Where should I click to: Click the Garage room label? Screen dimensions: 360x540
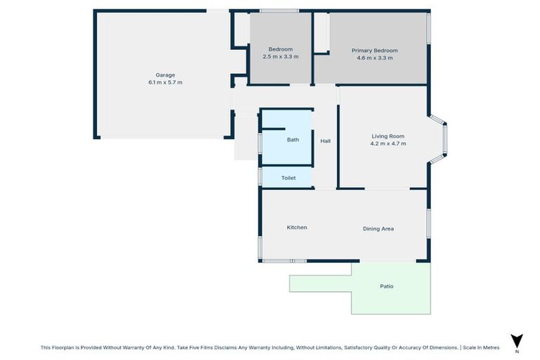click(x=165, y=75)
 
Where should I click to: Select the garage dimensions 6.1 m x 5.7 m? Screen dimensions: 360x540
click(x=165, y=82)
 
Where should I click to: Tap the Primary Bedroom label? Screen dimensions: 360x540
click(x=375, y=51)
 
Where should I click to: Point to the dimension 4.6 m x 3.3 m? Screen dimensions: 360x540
click(x=375, y=58)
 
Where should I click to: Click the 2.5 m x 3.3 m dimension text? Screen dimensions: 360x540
click(x=281, y=56)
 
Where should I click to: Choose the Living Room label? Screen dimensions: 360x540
click(x=388, y=136)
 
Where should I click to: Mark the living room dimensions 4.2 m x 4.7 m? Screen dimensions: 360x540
click(x=388, y=143)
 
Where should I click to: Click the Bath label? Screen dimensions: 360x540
click(x=292, y=140)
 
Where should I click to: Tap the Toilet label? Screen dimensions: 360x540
click(x=288, y=178)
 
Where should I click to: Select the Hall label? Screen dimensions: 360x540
click(x=325, y=141)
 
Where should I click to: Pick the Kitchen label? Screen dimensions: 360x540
click(x=297, y=227)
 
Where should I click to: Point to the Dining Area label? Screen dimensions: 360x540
click(x=378, y=229)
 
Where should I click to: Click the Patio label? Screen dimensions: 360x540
click(x=387, y=286)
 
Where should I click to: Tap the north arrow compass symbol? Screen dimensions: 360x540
click(x=517, y=339)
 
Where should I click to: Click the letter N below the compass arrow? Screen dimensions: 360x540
click(x=517, y=350)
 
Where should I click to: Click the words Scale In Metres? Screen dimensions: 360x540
click(x=481, y=347)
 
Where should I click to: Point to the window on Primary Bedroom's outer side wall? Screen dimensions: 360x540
click(x=428, y=30)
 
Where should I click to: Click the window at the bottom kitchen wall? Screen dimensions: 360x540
click(x=284, y=261)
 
